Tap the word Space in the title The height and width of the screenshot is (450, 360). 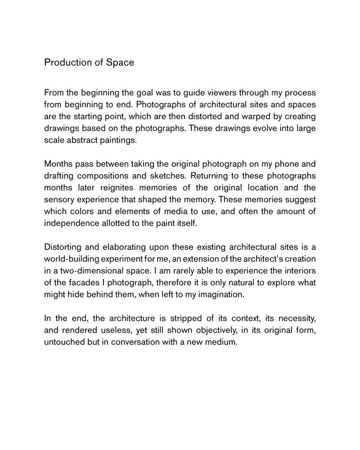point(120,63)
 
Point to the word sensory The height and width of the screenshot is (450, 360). point(60,199)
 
